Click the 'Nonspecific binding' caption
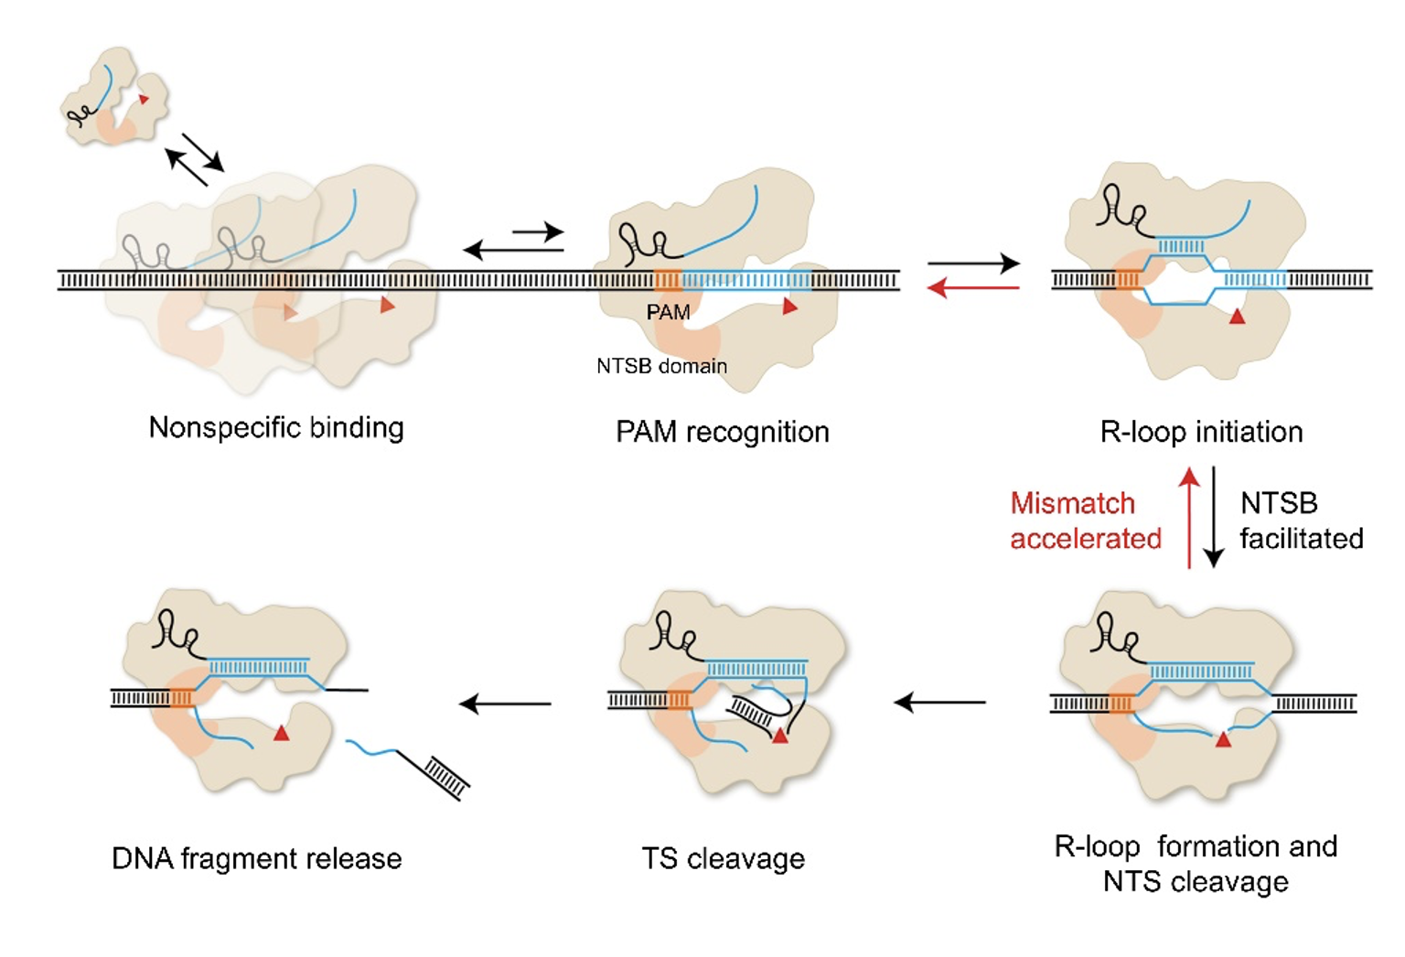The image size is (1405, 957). point(276,427)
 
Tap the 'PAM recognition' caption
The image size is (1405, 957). point(722,431)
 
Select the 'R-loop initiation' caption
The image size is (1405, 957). point(1201,431)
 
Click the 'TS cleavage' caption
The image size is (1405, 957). point(723,858)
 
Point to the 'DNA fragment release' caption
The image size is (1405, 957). point(257,858)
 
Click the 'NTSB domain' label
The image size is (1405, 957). point(661,366)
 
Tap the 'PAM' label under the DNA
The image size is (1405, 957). point(668,312)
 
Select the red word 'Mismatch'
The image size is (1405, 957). point(1072,503)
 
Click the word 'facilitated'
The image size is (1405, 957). point(1301,538)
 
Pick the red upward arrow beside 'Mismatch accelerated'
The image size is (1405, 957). point(1189,517)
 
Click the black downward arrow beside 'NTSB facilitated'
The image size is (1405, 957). point(1214,517)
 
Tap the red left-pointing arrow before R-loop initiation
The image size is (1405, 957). point(973,288)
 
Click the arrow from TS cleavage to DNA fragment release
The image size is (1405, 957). point(506,704)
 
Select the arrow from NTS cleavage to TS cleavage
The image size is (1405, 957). point(939,703)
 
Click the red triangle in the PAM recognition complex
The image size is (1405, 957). point(789,306)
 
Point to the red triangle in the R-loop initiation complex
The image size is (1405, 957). point(1237,317)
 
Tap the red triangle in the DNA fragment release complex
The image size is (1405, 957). point(281,732)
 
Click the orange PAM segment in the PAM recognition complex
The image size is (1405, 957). point(668,280)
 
